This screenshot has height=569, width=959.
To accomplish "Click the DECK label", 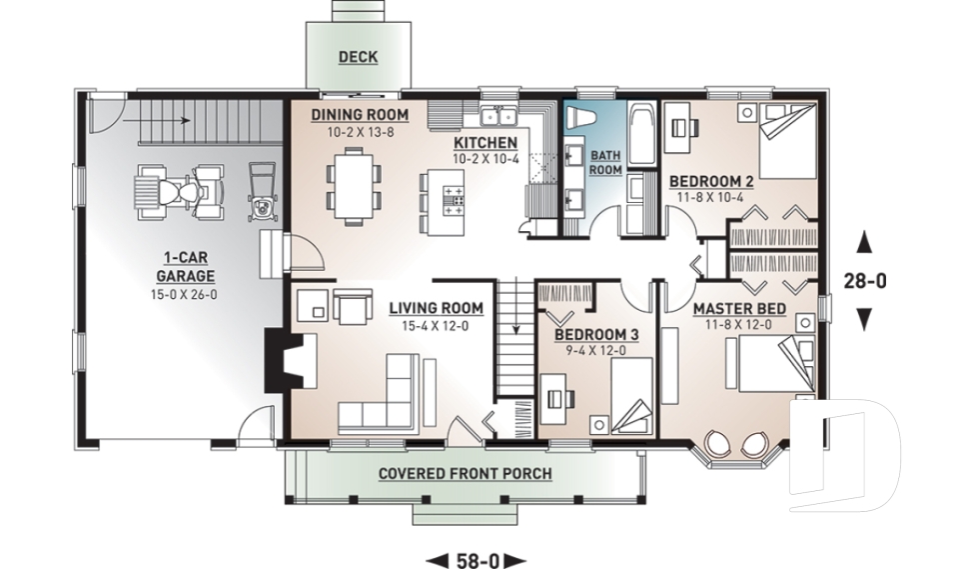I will point(357,57).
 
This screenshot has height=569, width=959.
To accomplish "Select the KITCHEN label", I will point(484,143).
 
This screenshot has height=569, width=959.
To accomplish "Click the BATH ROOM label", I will point(605,162).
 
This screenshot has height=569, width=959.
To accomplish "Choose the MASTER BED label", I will point(738,309).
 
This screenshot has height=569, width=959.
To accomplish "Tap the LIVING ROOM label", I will point(436,308).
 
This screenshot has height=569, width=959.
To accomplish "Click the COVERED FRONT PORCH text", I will point(465,472).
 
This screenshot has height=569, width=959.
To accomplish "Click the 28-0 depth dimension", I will point(864,281).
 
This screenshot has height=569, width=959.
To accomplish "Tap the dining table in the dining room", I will point(355,185).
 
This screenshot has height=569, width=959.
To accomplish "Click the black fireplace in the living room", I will point(274,363).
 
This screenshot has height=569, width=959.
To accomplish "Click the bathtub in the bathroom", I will point(642,134).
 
